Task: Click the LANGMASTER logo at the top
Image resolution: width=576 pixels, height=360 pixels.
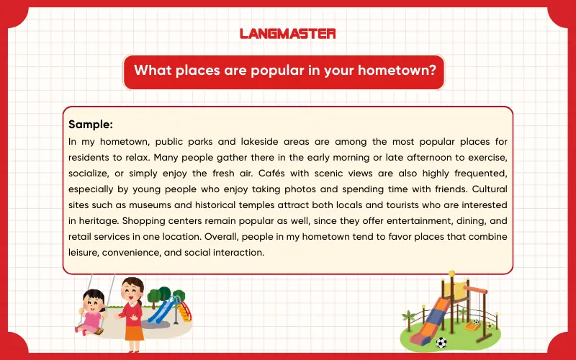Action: [x=287, y=33]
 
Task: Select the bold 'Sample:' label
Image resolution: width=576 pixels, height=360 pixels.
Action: [x=91, y=124]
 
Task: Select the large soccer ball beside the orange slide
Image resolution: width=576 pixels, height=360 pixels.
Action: [x=441, y=343]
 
